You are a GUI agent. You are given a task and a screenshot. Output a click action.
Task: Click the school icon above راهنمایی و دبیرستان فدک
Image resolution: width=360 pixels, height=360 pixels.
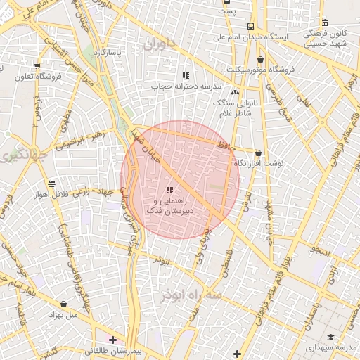tap(169, 190)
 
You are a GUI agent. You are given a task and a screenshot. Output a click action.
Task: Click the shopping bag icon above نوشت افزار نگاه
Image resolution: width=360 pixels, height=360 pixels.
tap(258, 153)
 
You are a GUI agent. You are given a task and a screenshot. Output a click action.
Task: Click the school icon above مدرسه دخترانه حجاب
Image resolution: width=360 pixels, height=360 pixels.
tap(186, 75)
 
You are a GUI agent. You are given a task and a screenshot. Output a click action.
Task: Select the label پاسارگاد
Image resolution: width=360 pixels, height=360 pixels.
tap(115, 53)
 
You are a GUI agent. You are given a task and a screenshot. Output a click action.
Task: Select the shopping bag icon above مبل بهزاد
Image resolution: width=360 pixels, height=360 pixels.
tap(65, 304)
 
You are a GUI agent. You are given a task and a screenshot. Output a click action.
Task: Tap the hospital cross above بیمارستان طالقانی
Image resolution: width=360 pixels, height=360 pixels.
tap(112, 340)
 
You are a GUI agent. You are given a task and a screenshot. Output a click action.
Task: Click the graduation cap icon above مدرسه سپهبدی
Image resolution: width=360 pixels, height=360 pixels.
tap(331, 337)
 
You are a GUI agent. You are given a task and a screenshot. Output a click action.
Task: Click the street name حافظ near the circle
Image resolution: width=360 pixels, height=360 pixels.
tap(223, 145)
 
